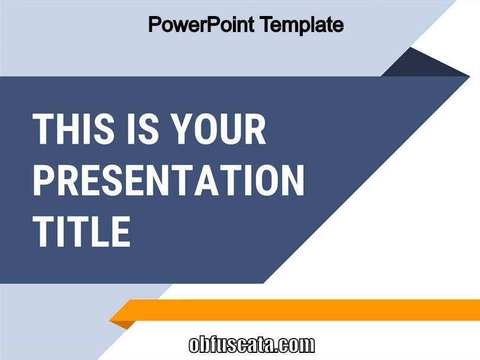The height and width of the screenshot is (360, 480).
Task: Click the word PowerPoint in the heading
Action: (201, 24)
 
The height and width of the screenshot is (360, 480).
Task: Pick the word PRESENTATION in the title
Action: (169, 180)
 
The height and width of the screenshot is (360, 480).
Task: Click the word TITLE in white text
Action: (82, 231)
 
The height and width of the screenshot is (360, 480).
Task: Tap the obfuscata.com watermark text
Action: (252, 345)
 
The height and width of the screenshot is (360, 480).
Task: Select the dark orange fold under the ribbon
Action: (123, 324)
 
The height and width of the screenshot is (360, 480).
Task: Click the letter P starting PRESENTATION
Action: (44, 180)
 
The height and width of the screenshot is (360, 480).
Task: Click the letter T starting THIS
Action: (44, 129)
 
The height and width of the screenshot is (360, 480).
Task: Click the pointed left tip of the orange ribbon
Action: (110, 320)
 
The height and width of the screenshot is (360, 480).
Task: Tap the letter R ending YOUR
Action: (254, 129)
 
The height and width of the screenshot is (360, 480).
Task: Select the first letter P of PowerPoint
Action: (155, 24)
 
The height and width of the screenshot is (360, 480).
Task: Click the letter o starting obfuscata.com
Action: (194, 346)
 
